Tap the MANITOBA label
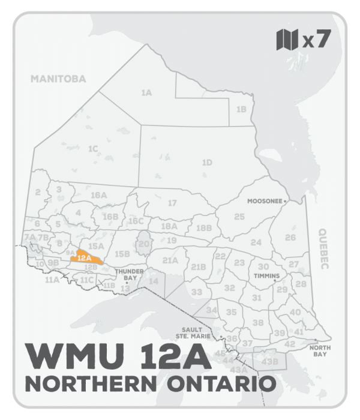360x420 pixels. [x=58, y=79]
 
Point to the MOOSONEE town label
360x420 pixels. [x=265, y=202]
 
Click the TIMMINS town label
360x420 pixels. [x=267, y=276]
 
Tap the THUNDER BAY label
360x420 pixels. [x=127, y=275]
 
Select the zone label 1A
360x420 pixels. [x=146, y=93]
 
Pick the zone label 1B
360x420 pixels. [x=241, y=109]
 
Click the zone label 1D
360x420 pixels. [x=207, y=162]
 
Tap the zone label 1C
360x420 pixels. [x=92, y=148]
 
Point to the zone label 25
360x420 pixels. [x=239, y=216]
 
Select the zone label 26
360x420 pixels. [x=290, y=238]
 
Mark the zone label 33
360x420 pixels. [x=197, y=292]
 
